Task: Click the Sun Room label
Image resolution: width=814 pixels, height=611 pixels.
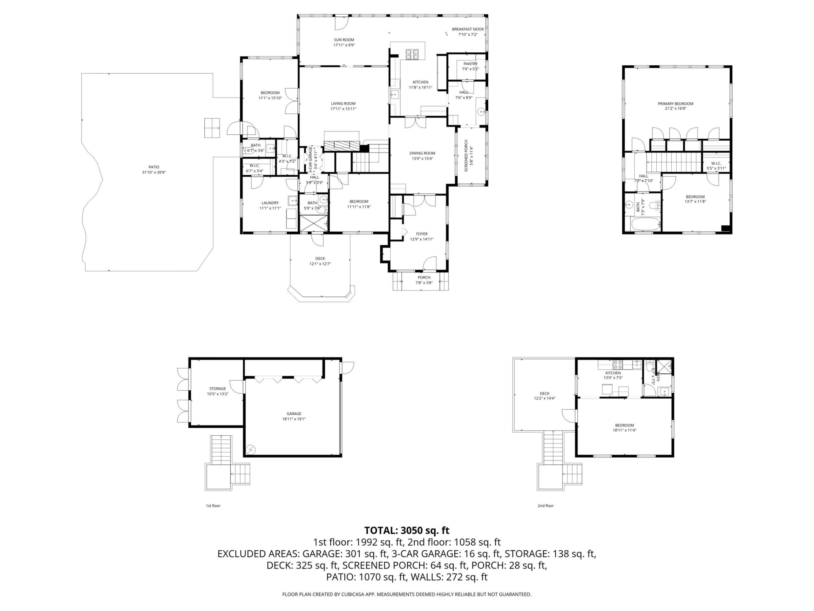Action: (344, 40)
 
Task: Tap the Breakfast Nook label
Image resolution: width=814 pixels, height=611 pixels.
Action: (468, 29)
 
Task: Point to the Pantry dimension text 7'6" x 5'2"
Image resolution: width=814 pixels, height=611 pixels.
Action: (470, 69)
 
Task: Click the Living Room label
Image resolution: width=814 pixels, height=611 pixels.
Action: (343, 104)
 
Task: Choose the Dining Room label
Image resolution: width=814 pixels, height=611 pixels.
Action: (422, 153)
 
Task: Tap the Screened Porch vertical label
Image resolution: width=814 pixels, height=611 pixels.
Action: (466, 155)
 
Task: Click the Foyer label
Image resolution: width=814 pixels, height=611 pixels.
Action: (422, 234)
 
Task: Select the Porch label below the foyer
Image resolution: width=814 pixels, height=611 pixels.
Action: (424, 277)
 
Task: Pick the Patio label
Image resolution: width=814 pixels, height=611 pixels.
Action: (154, 167)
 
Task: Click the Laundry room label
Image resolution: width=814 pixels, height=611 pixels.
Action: (270, 203)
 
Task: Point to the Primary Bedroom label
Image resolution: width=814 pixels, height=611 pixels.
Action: (675, 104)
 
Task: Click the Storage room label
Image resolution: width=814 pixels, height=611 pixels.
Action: (217, 389)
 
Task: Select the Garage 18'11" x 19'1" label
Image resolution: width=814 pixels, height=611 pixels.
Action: (294, 416)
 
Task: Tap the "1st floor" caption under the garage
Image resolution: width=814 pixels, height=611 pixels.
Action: (213, 506)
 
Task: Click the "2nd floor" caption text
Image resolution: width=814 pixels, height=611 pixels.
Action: (545, 506)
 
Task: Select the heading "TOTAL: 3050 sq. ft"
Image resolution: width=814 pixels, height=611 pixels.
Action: (407, 530)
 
